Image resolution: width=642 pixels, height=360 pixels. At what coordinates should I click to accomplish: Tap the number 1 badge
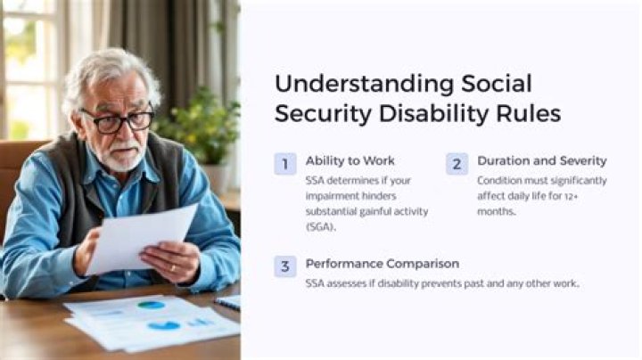pos(284,163)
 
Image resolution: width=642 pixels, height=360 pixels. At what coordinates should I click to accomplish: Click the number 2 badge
pos(457,163)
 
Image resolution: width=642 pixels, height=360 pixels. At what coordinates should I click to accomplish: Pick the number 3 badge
pos(284,266)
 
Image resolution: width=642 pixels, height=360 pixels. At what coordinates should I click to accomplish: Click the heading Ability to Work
pos(349,161)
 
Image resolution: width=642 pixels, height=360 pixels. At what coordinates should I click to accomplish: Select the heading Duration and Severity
pos(541,161)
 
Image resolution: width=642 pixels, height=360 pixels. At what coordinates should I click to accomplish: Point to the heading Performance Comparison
pos(382,264)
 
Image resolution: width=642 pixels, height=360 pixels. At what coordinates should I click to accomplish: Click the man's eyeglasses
pos(116,120)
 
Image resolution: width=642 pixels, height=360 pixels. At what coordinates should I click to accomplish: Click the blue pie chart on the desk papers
pos(152,305)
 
